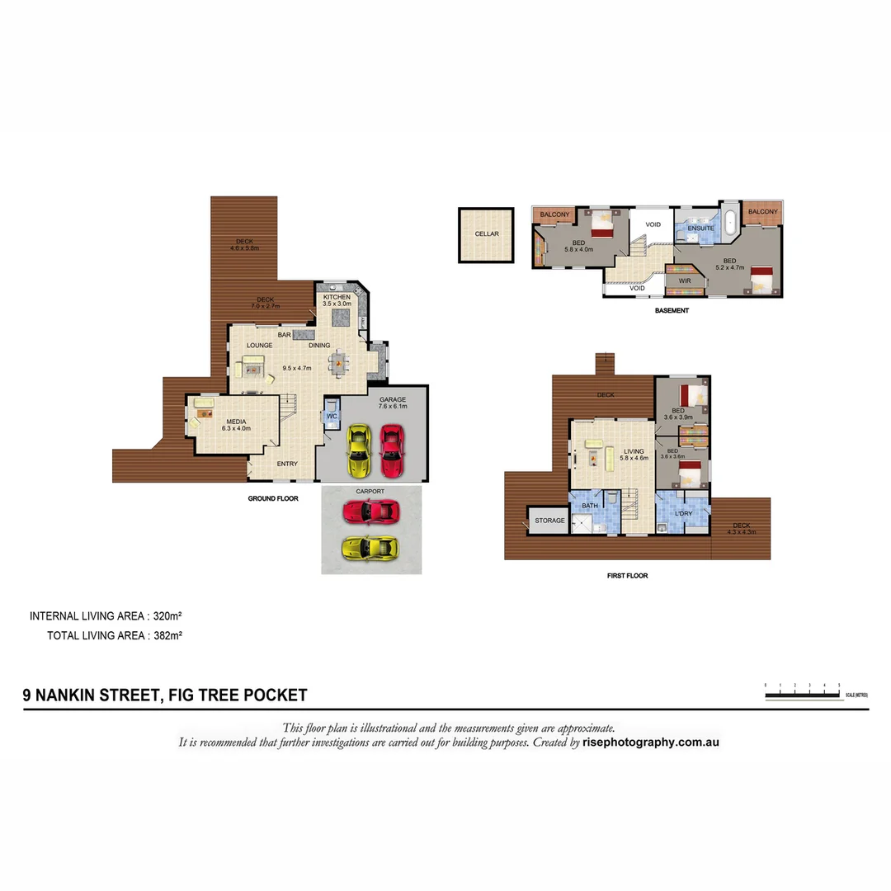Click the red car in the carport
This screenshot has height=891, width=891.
pos(370,512)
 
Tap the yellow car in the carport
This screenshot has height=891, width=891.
pos(370,546)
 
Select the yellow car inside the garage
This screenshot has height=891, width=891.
pos(359,450)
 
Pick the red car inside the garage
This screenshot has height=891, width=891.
pos(391,450)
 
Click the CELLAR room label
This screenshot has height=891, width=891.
pos(487,234)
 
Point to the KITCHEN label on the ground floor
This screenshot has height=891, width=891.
pos(337,297)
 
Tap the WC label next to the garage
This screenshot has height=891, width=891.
pos(332,417)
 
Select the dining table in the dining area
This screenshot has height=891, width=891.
pos(339,362)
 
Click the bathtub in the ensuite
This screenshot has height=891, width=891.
pos(729,223)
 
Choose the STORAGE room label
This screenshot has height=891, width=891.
pos(549,521)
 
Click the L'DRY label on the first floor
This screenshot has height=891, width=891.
pos(684,514)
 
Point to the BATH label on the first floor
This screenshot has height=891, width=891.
pos(590,505)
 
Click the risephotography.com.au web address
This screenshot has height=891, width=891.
pos(652,742)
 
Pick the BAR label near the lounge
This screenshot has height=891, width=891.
pos(285,335)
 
